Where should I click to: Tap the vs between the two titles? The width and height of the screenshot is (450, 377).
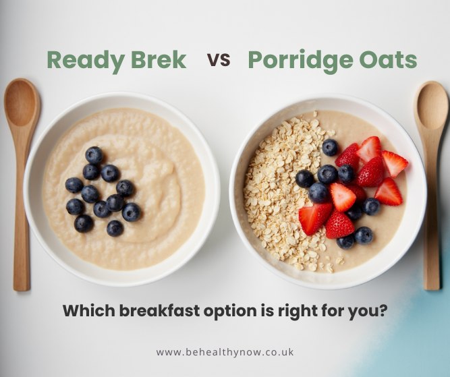[219, 60]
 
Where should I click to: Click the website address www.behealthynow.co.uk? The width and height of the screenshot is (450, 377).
[225, 352]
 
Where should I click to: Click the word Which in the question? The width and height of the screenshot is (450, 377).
[84, 312]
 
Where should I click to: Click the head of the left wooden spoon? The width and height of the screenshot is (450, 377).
[22, 105]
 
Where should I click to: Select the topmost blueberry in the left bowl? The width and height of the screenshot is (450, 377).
[94, 155]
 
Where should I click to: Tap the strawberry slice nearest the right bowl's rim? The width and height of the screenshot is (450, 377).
[394, 163]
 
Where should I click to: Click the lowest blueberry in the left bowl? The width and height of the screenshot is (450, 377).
[115, 228]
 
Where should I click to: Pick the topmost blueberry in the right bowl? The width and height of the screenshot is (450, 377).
[330, 147]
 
